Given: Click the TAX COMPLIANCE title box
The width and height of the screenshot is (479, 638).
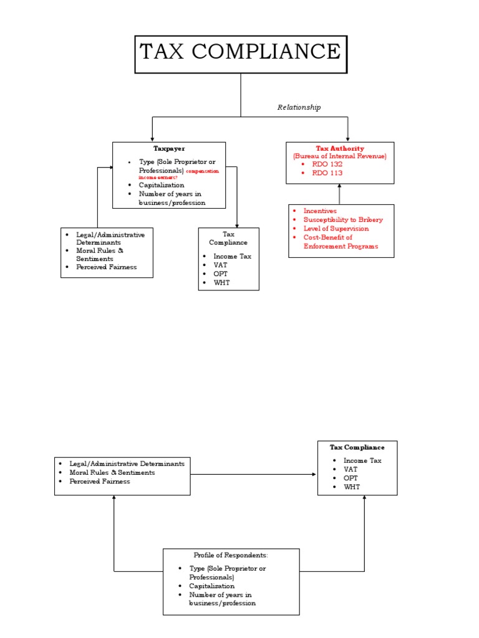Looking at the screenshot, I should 241,54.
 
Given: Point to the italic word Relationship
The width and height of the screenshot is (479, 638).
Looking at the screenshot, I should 299,107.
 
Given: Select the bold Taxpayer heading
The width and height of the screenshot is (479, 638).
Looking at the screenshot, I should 169,148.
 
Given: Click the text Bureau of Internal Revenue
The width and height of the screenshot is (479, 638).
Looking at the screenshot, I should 340,156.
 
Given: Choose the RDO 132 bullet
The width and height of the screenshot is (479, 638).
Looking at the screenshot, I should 327,164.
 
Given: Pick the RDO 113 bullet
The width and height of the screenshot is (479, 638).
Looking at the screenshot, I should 327,173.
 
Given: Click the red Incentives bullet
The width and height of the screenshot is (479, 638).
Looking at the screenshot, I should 319,211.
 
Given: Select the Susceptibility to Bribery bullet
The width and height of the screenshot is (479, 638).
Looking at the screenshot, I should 342,220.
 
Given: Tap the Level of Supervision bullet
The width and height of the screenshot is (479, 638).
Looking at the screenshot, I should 336,229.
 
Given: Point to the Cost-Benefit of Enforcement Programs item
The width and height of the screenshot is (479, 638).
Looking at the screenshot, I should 340,242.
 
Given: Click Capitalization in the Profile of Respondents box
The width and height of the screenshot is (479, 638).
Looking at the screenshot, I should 212,586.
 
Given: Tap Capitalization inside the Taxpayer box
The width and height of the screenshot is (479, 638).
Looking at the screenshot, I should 162,185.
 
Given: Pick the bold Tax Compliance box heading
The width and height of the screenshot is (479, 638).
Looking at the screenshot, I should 357,447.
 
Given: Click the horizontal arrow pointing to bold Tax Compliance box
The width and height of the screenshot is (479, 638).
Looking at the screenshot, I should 254,475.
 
